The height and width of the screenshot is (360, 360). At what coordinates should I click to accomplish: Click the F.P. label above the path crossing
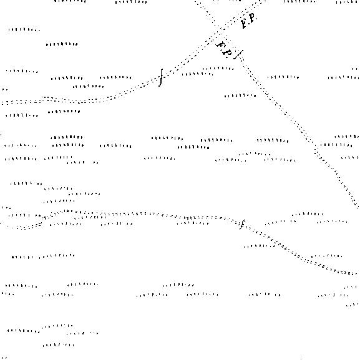(249, 20)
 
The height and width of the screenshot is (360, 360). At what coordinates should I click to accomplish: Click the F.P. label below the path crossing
(224, 49)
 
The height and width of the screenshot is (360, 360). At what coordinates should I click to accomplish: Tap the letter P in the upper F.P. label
(252, 17)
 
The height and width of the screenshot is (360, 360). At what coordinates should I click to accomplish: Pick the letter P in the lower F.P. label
(228, 53)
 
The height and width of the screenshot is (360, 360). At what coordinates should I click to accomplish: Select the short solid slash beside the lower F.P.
(238, 55)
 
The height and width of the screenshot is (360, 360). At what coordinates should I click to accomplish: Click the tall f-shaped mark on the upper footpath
(161, 77)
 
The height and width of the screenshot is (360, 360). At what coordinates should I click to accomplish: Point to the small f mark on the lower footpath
(242, 225)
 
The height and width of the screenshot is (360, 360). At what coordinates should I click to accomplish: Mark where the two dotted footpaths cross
(221, 30)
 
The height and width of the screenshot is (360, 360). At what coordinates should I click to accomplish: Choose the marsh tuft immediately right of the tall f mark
(197, 74)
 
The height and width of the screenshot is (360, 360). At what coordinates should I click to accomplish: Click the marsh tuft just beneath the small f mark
(260, 246)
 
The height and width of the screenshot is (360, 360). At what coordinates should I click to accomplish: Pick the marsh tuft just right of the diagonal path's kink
(336, 145)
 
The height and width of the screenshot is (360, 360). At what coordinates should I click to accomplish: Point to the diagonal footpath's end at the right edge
(358, 207)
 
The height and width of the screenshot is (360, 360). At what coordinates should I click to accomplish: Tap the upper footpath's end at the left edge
(1, 102)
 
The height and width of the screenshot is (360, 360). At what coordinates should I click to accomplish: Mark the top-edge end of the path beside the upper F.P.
(265, 1)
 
